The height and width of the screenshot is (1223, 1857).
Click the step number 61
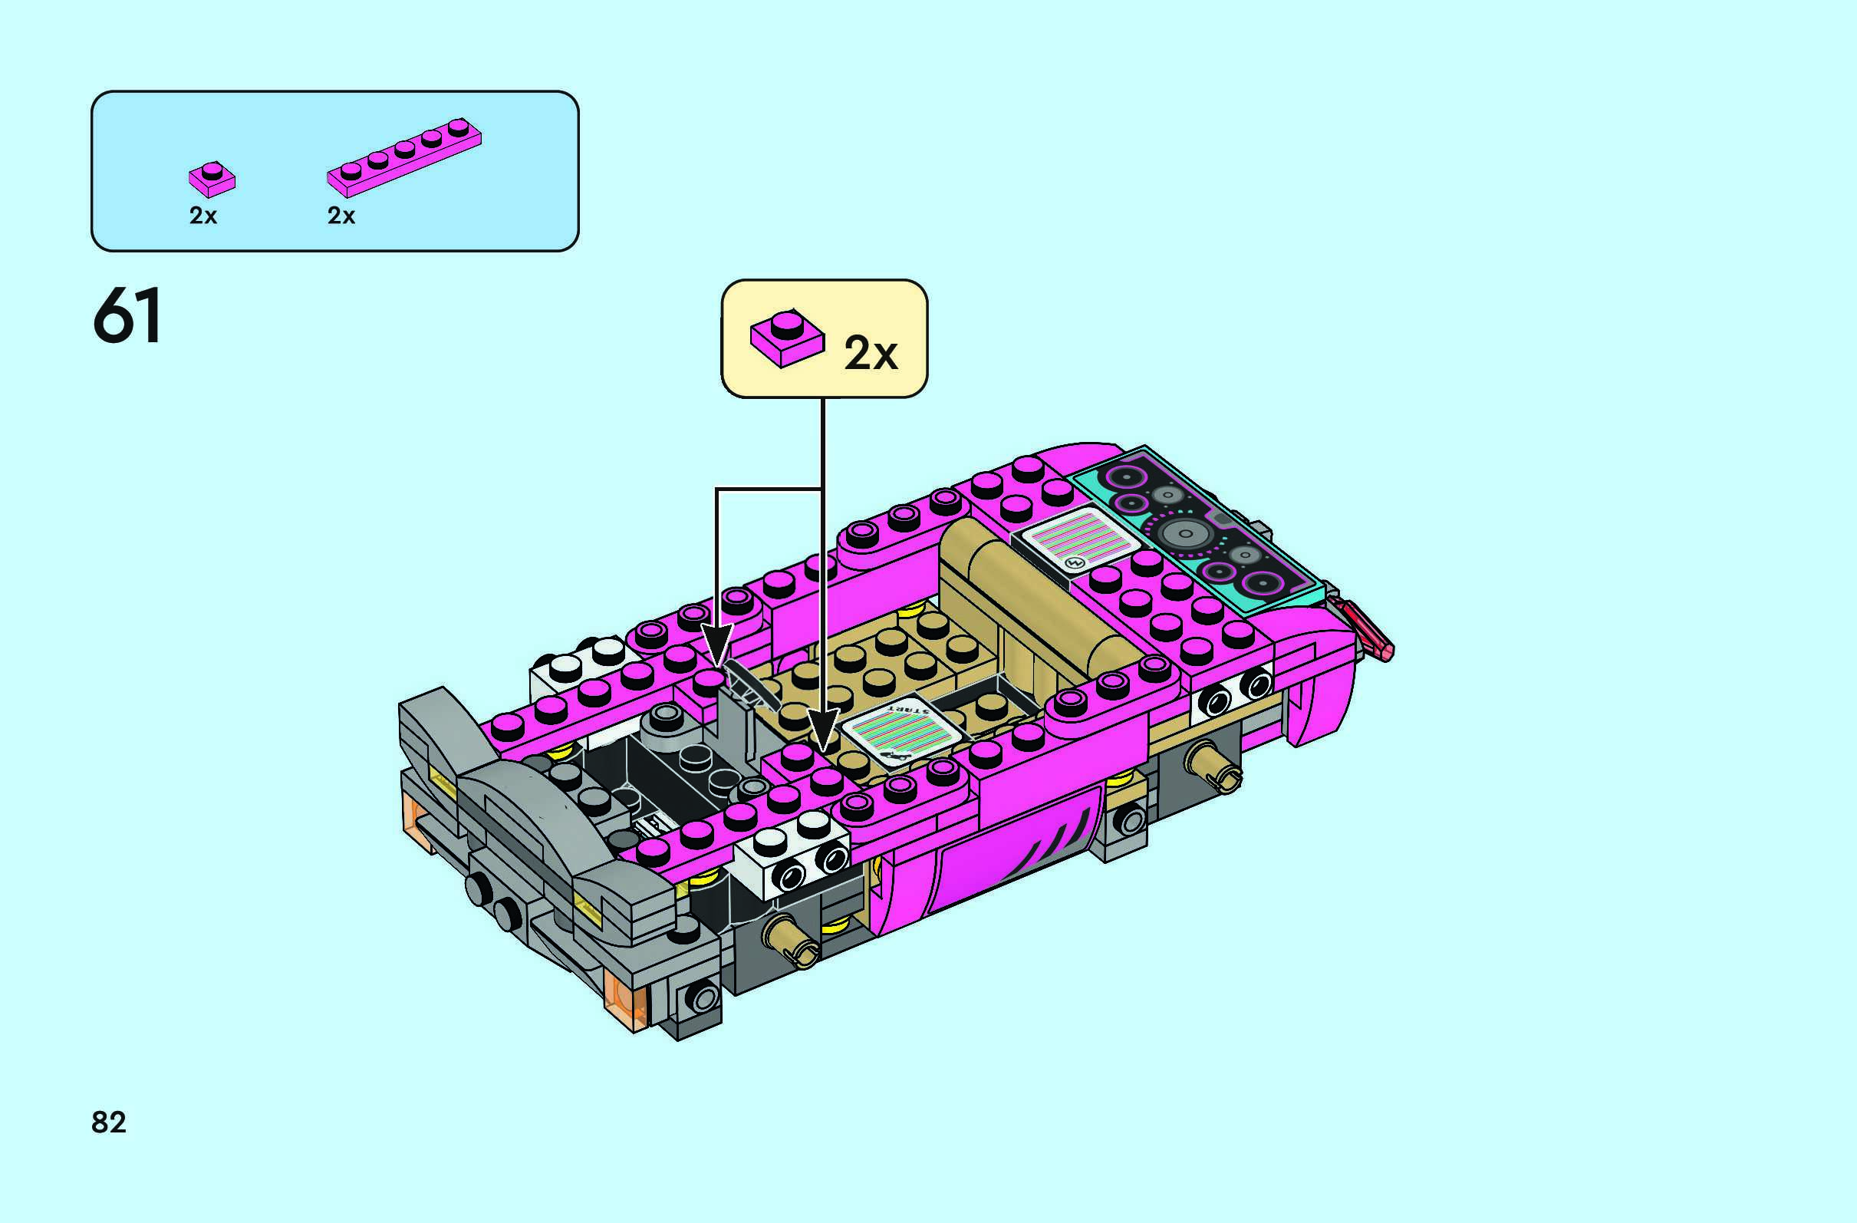128,315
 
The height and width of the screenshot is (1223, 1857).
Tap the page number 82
108,1122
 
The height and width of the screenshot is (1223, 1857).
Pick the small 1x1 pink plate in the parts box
212,180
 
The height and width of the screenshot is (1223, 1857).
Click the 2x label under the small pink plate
202,216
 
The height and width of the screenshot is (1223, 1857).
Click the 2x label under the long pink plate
341,216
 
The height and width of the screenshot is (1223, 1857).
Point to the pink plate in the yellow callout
786,337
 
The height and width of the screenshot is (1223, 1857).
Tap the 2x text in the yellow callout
871,353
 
